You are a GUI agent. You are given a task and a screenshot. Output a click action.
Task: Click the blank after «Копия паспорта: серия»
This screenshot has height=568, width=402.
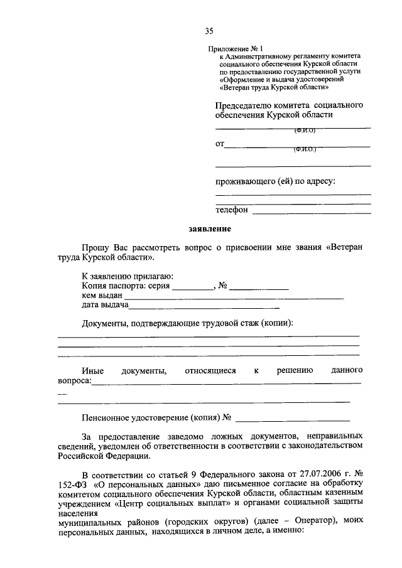[x=193, y=288]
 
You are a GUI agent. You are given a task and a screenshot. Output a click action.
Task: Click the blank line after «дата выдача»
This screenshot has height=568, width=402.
[x=204, y=308]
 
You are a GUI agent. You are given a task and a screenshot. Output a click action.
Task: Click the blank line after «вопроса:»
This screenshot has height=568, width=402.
[x=226, y=382]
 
